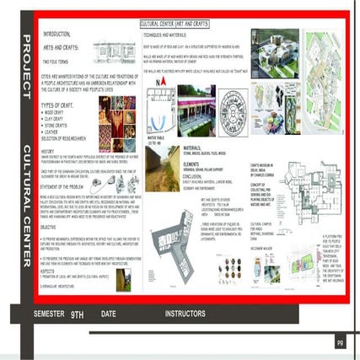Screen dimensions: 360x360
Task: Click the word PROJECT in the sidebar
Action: click(27, 59)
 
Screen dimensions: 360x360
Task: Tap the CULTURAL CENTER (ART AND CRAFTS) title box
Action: click(176, 17)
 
